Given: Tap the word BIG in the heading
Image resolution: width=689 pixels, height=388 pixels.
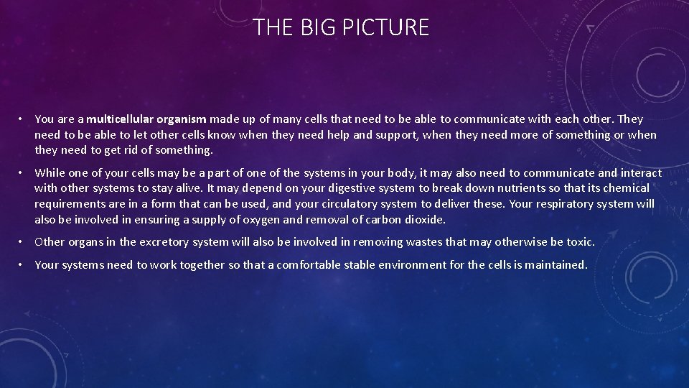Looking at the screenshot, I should (x=314, y=27).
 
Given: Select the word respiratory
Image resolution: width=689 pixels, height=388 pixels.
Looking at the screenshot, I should (x=568, y=204).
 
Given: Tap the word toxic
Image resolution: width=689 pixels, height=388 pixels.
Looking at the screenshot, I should (x=578, y=242).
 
